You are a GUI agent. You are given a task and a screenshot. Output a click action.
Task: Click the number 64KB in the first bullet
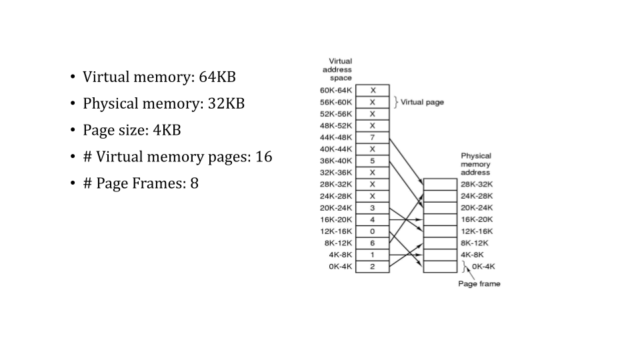tap(217, 77)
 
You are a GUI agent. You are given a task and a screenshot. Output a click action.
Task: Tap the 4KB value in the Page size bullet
tap(167, 130)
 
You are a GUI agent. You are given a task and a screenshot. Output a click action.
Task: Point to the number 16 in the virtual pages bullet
tap(263, 157)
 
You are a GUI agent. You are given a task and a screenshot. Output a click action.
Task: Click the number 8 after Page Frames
tap(194, 183)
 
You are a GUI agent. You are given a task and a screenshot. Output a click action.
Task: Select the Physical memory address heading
tap(475, 164)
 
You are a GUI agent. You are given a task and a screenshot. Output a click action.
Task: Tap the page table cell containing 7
tap(372, 137)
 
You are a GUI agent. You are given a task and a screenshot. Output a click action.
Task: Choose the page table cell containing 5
tap(372, 161)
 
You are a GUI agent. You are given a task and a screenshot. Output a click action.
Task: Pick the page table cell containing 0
tap(372, 231)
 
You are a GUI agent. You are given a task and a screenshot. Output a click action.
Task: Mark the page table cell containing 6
tap(372, 243)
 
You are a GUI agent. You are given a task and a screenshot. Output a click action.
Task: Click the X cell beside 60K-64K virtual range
tap(372, 90)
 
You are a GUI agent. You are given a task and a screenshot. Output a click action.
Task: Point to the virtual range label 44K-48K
tap(336, 137)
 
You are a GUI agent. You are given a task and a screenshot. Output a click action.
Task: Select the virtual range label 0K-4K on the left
tap(340, 267)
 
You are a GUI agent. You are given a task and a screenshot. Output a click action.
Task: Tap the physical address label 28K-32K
tap(476, 184)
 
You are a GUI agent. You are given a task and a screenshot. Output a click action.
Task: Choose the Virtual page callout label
tap(421, 102)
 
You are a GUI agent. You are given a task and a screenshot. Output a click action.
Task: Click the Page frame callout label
tap(479, 284)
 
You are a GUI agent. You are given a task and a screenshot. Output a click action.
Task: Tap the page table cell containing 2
tap(372, 267)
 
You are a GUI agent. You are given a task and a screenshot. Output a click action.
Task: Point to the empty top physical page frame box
tap(440, 185)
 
